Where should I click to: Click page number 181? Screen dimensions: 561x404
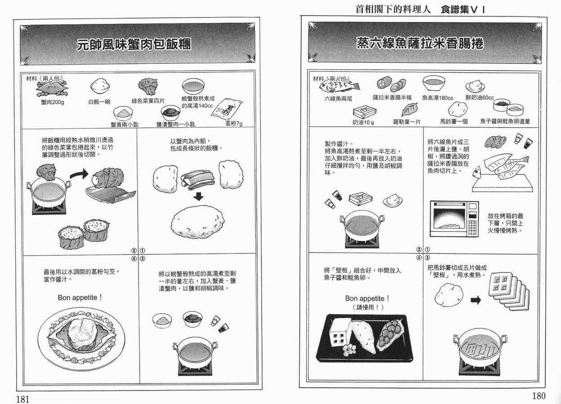click(x=23, y=399)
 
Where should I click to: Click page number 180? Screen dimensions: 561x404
click(x=539, y=396)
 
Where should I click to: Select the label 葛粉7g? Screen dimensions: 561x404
click(x=234, y=124)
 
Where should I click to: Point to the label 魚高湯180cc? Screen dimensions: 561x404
click(x=437, y=98)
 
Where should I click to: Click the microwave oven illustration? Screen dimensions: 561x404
click(x=454, y=218)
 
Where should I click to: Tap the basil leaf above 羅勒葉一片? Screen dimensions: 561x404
click(x=410, y=109)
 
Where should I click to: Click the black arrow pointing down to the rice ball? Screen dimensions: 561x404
click(x=198, y=196)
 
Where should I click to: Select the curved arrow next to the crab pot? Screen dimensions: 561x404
click(x=79, y=174)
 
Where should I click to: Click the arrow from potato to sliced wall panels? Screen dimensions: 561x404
click(x=476, y=300)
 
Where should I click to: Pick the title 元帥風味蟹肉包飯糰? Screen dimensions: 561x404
click(x=134, y=44)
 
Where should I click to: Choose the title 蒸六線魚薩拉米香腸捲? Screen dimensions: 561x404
click(x=420, y=43)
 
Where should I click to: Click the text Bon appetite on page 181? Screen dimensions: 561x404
click(x=80, y=297)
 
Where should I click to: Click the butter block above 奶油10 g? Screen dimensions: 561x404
click(x=364, y=111)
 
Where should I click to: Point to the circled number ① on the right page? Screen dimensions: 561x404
click(x=427, y=249)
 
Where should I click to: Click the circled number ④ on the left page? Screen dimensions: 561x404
click(x=134, y=258)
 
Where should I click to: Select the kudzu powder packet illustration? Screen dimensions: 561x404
click(x=227, y=108)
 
